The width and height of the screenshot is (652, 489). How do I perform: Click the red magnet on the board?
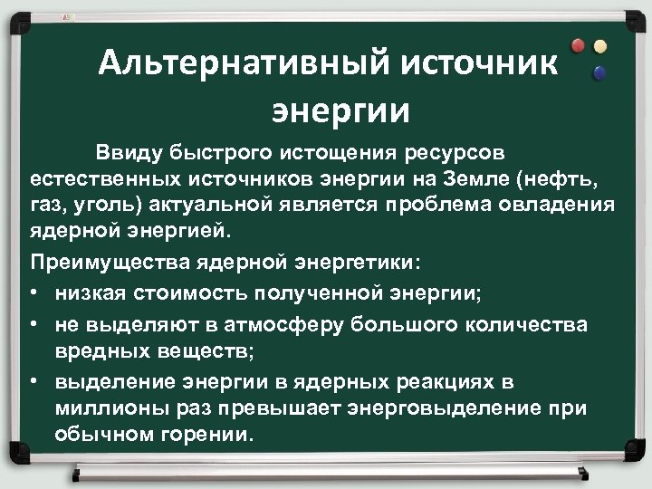pyautogui.click(x=578, y=45)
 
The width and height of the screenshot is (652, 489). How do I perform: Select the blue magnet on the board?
pyautogui.click(x=597, y=72)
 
